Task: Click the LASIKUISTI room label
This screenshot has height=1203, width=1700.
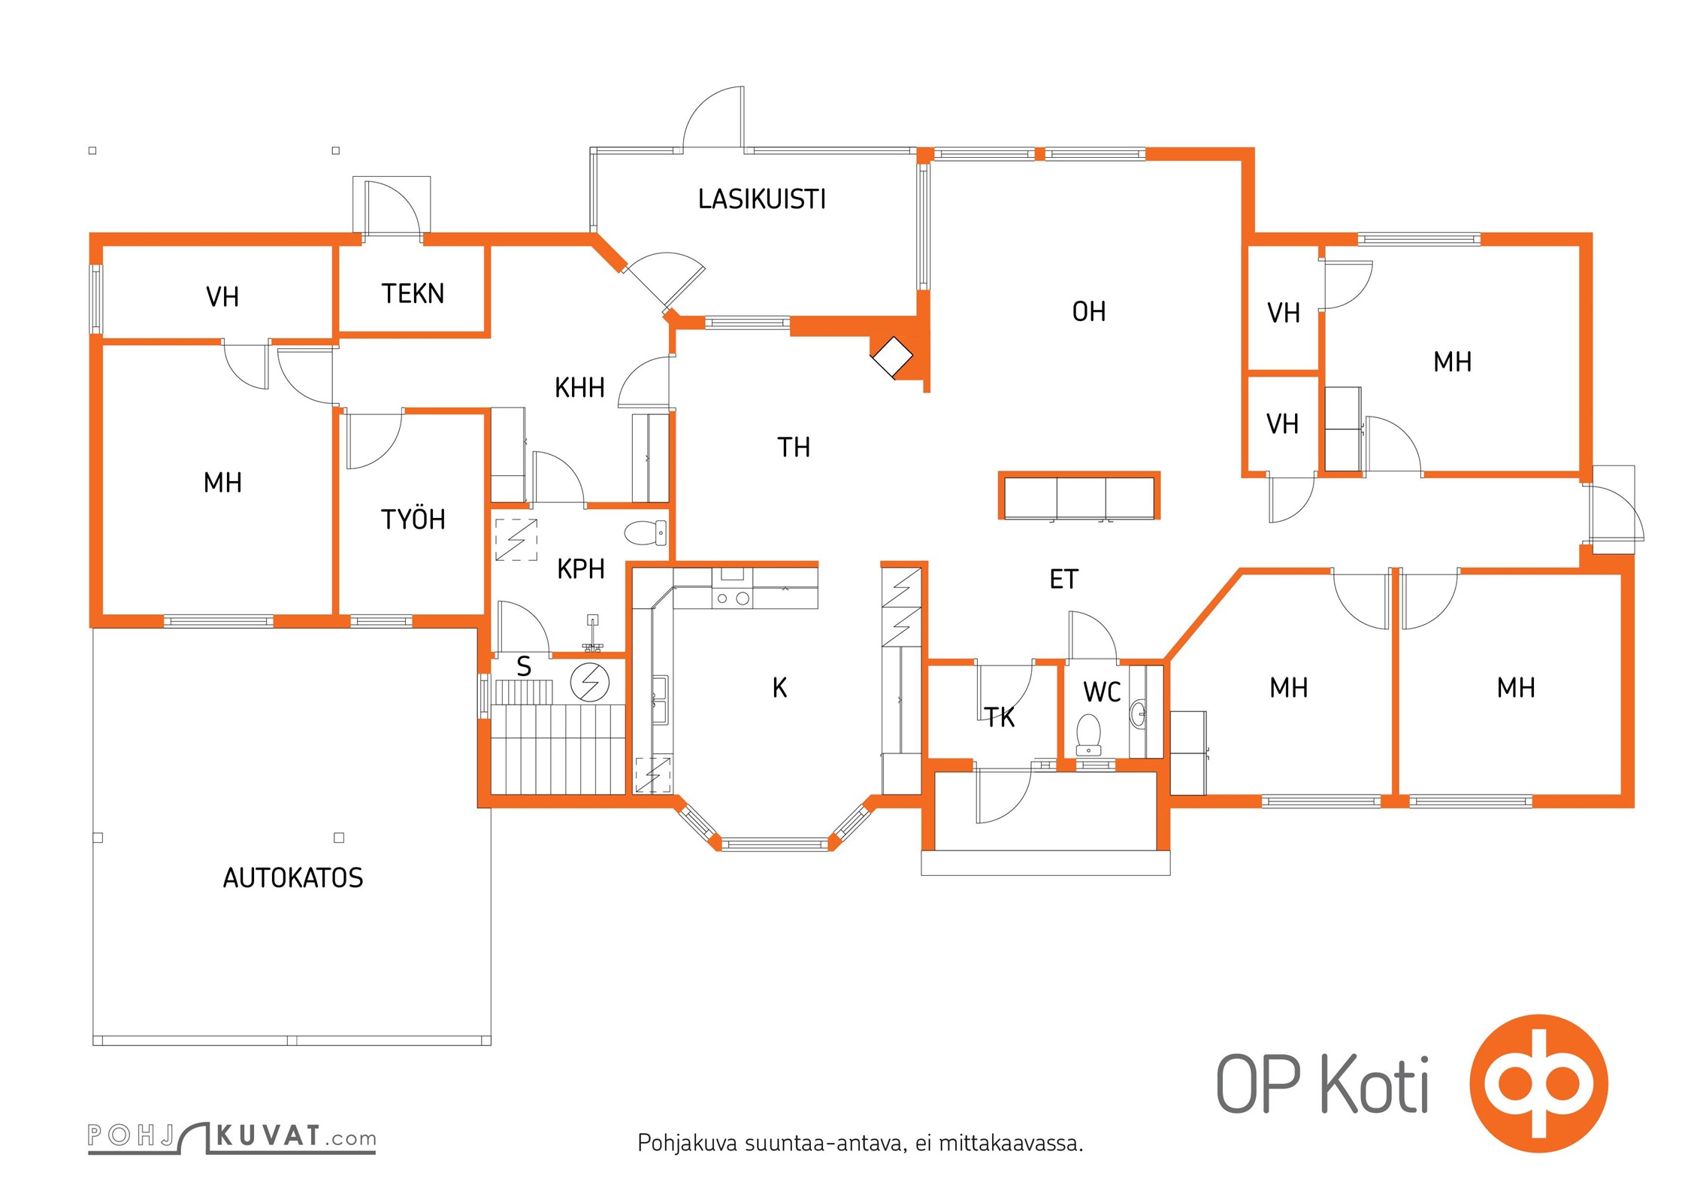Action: tap(761, 199)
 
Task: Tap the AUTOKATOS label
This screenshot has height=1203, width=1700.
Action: tap(293, 877)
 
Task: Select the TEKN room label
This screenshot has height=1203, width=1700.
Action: tap(413, 293)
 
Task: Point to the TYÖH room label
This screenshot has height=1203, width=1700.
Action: tap(413, 519)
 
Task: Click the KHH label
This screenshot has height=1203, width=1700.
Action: tap(579, 388)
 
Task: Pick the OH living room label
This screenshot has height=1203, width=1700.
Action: tap(1089, 311)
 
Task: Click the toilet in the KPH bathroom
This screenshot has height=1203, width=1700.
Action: tap(646, 532)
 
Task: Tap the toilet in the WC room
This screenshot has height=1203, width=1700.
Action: tap(1088, 734)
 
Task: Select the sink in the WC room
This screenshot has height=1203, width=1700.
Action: tap(1138, 714)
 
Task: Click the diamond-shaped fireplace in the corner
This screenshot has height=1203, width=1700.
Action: tap(892, 356)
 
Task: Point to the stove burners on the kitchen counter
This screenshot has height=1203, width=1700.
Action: tap(732, 598)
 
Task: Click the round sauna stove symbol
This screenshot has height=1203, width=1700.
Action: tap(590, 683)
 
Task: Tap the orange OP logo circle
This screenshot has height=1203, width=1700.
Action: tap(1538, 1083)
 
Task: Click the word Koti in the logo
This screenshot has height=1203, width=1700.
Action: tap(1375, 1083)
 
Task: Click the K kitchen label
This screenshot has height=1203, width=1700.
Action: tap(779, 687)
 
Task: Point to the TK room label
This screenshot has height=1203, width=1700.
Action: tap(1000, 717)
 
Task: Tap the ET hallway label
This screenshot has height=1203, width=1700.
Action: tap(1063, 579)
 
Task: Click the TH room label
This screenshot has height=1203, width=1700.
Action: tap(794, 447)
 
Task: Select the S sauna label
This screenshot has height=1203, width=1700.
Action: tap(524, 666)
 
